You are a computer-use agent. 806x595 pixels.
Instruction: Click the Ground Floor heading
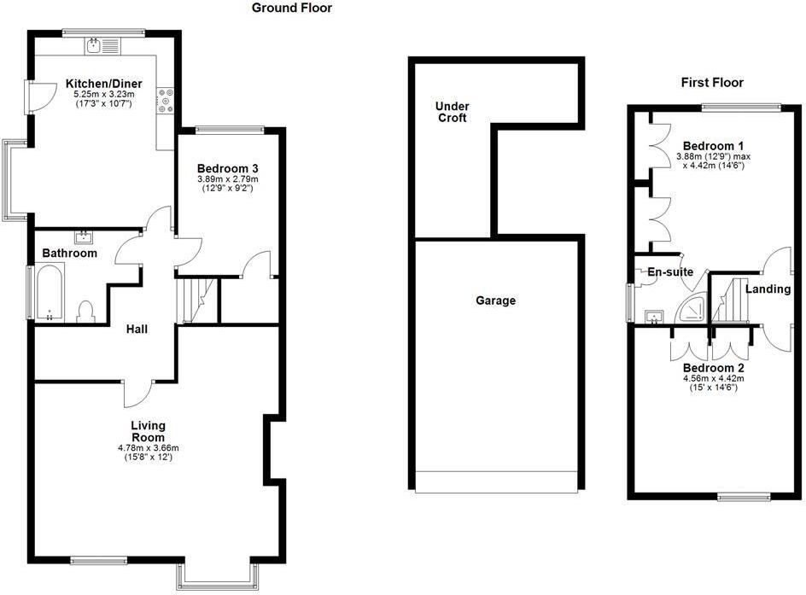(x=291, y=9)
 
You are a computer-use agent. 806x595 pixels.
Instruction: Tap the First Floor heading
(x=712, y=83)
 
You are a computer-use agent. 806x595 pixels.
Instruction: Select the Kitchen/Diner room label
(x=104, y=84)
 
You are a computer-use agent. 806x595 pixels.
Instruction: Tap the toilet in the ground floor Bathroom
(x=85, y=311)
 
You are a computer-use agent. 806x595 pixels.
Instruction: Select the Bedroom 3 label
(x=227, y=168)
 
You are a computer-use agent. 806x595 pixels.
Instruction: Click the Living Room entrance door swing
(x=137, y=393)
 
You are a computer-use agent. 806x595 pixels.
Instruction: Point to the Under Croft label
(x=452, y=112)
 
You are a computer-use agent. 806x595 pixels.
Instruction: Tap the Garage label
(x=496, y=300)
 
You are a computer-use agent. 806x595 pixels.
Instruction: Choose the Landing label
(x=768, y=289)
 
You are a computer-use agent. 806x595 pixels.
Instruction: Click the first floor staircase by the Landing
(x=729, y=300)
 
